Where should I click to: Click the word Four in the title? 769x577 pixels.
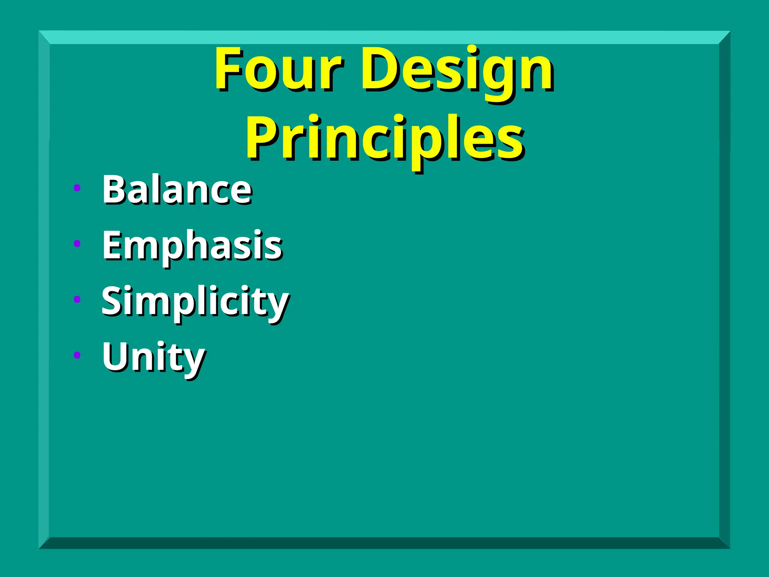tap(278, 69)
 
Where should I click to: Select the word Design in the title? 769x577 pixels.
tap(457, 71)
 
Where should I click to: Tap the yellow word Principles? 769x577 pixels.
tap(384, 139)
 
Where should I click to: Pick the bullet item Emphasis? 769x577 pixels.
tap(192, 246)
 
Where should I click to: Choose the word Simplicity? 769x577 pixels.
tap(195, 302)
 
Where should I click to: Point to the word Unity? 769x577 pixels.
tap(153, 357)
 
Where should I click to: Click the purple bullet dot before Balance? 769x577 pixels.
tap(77, 188)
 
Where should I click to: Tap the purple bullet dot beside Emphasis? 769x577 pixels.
tap(77, 243)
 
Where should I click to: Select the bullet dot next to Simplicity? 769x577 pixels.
tap(77, 299)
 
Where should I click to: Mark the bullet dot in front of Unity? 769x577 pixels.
tap(77, 355)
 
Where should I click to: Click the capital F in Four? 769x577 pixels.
tap(228, 69)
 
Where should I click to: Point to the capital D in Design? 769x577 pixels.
tap(379, 69)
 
